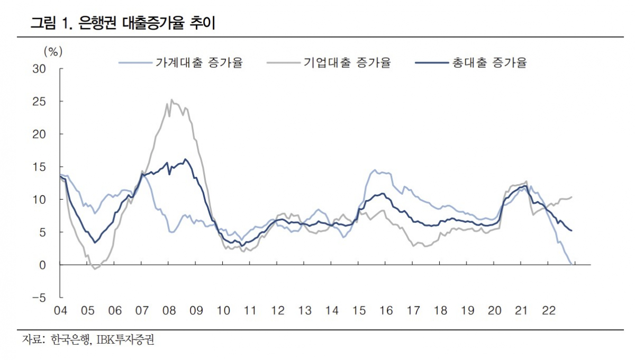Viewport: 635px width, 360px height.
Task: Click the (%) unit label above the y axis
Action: [x=52, y=51]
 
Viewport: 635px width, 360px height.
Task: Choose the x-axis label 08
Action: [x=169, y=311]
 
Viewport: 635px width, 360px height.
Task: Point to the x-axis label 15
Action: [x=359, y=311]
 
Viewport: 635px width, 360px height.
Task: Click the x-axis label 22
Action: [x=549, y=311]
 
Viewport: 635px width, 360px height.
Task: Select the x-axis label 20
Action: [x=494, y=311]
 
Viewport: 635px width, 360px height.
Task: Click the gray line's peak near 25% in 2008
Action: [x=171, y=100]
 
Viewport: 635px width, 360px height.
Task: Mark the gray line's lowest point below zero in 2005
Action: [x=95, y=269]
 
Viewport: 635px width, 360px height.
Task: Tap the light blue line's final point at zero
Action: [x=570, y=264]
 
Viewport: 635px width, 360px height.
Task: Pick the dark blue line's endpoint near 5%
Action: [x=571, y=230]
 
